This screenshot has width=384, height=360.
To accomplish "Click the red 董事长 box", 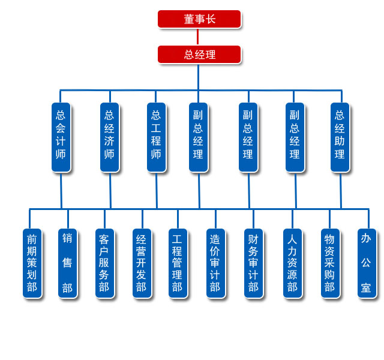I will pyautogui.click(x=199, y=19).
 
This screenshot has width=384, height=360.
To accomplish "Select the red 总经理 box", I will pyautogui.click(x=199, y=55).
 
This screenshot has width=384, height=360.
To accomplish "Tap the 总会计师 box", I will pyautogui.click(x=61, y=137).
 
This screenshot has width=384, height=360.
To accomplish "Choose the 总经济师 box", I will pyautogui.click(x=109, y=137).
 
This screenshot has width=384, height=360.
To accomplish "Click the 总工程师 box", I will pyautogui.click(x=156, y=137).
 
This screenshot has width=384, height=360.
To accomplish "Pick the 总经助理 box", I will pyautogui.click(x=340, y=137).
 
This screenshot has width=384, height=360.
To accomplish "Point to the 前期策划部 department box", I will pyautogui.click(x=32, y=263).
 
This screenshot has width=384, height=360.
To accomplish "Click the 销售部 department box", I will pyautogui.click(x=67, y=263).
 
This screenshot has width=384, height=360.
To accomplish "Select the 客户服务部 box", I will pyautogui.click(x=104, y=263).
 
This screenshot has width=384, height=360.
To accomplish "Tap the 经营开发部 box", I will pyautogui.click(x=142, y=263).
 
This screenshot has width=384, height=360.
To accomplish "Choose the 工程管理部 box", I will pyautogui.click(x=178, y=263).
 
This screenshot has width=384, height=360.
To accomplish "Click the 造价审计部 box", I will pyautogui.click(x=215, y=263).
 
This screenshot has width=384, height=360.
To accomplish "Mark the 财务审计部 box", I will pyautogui.click(x=253, y=263).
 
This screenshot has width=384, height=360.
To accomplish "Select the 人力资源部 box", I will pyautogui.click(x=292, y=263).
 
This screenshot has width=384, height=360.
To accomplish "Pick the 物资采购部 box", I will pyautogui.click(x=329, y=263).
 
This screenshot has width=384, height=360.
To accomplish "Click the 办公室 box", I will pyautogui.click(x=367, y=263).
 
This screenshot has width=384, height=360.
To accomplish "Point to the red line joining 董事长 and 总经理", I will pyautogui.click(x=197, y=37).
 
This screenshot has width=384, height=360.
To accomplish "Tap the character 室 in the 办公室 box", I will pyautogui.click(x=366, y=288).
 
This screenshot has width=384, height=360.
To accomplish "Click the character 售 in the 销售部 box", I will pyautogui.click(x=67, y=263).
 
